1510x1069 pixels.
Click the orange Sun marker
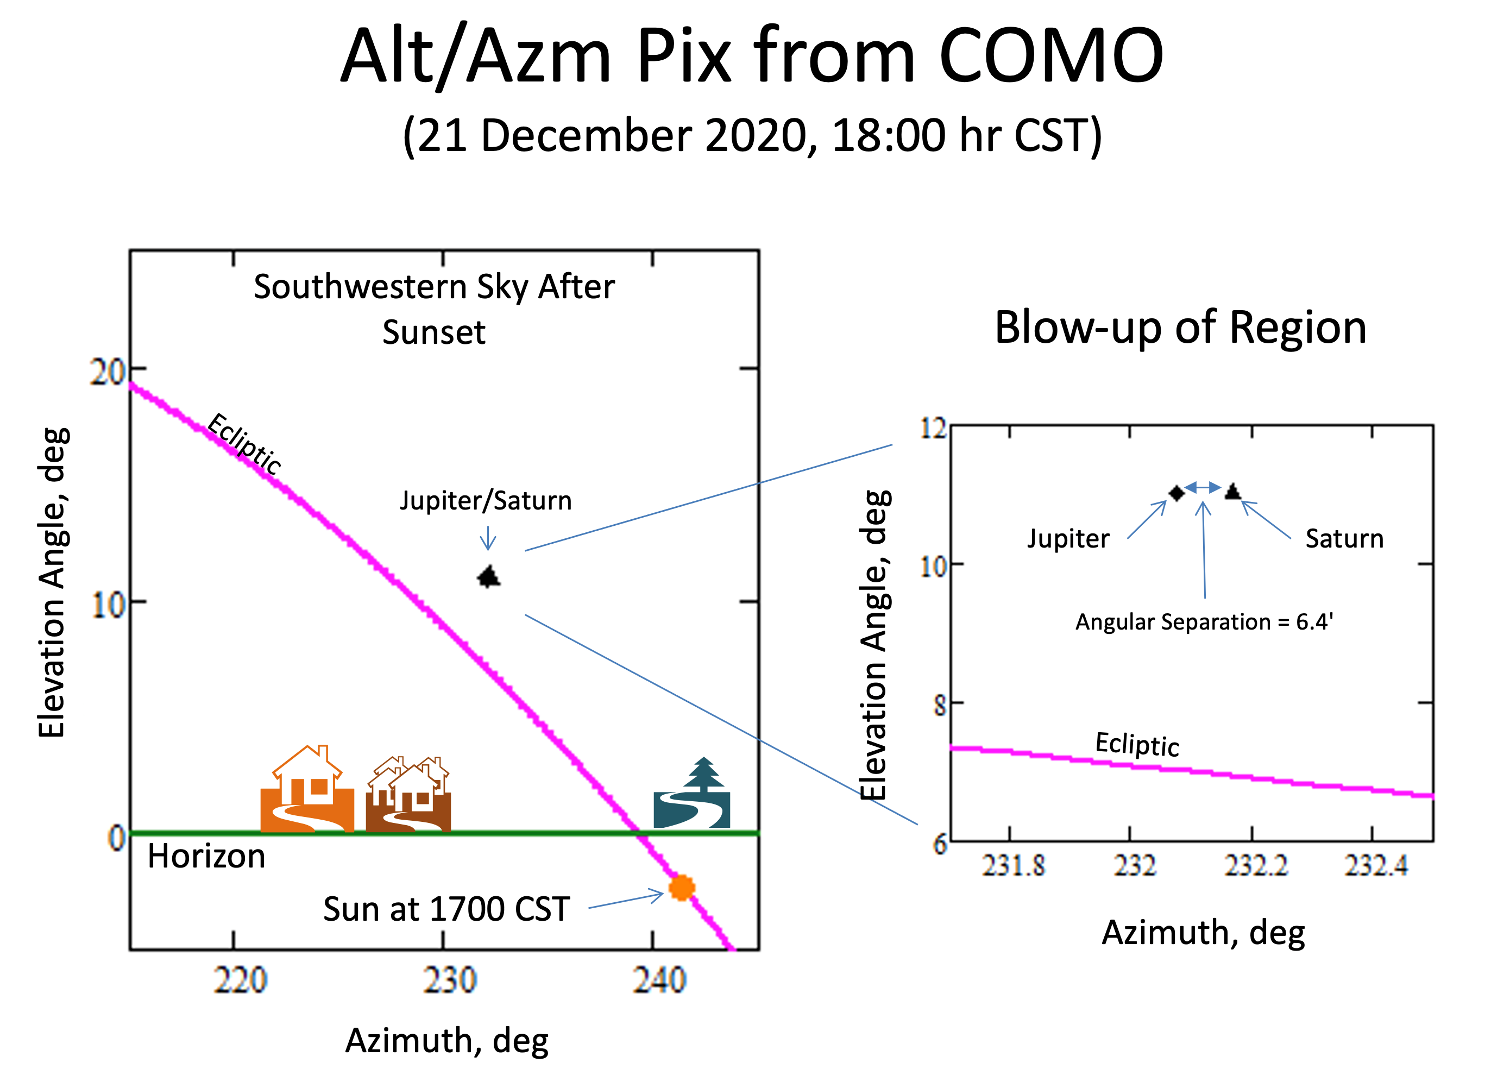click(681, 888)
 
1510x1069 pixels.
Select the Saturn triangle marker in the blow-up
click(1232, 491)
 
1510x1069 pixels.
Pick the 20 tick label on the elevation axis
click(108, 372)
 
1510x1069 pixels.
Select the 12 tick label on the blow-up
click(933, 429)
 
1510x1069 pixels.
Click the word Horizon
click(206, 857)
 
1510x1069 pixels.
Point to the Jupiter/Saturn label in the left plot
click(486, 501)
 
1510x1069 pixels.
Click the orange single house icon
click(307, 789)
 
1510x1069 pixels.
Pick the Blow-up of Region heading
click(1180, 327)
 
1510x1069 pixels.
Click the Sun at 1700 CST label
click(446, 909)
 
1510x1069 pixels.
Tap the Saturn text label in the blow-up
click(1344, 538)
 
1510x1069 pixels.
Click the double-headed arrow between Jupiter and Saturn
click(1203, 488)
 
